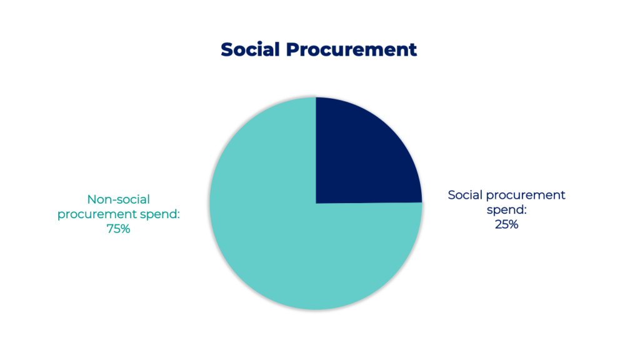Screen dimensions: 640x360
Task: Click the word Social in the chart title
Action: (250, 50)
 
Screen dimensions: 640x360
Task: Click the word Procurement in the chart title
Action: (351, 50)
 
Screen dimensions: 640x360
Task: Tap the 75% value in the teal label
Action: (118, 229)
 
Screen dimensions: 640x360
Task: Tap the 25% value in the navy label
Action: (506, 224)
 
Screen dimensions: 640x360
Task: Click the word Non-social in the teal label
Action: (118, 199)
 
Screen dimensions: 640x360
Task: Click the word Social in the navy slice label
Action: (465, 195)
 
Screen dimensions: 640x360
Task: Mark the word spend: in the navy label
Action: (506, 210)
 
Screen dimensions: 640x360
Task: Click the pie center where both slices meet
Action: (316, 203)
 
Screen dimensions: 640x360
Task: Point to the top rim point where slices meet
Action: (316, 97)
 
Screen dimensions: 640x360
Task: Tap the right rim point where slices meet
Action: (422, 203)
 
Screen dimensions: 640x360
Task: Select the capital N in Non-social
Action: (92, 199)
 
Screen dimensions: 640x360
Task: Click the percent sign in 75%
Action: (125, 229)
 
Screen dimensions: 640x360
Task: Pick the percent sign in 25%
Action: (514, 224)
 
